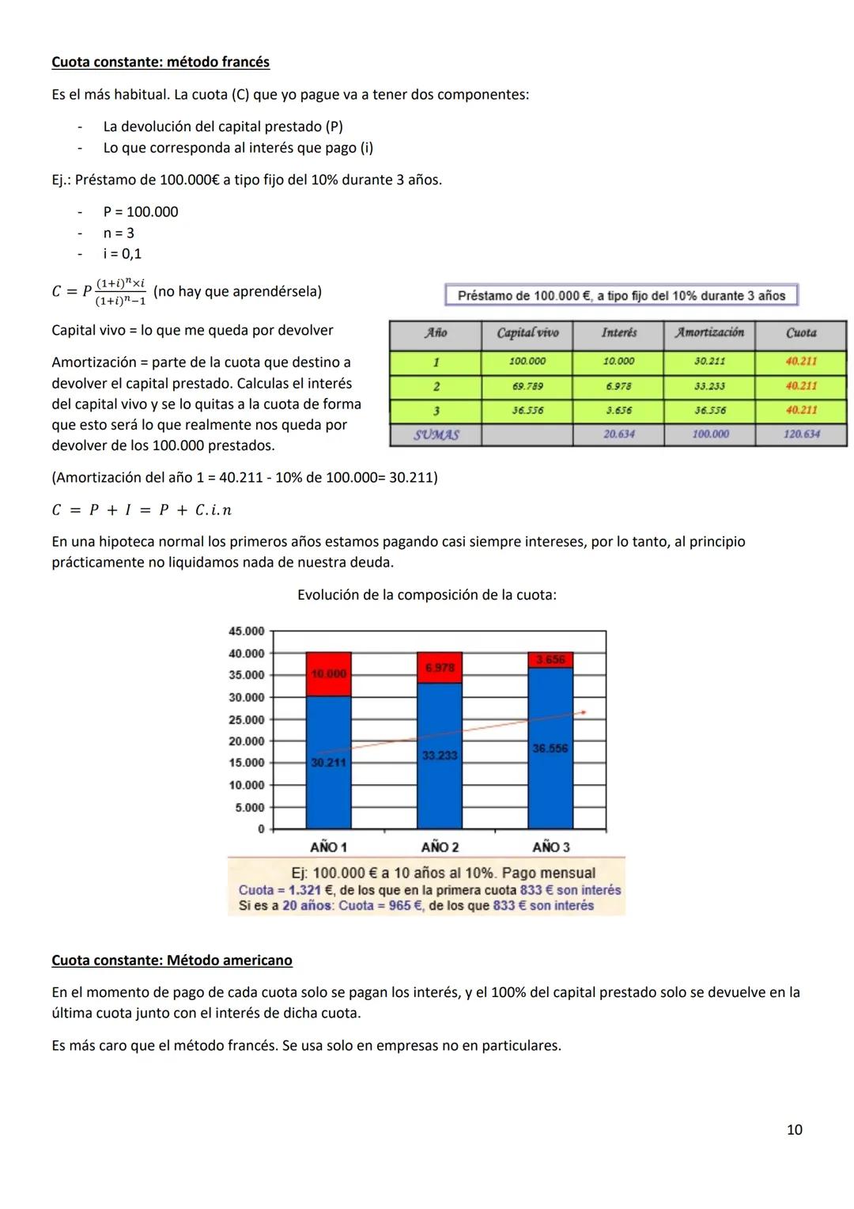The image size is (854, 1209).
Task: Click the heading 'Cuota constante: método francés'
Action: tap(161, 62)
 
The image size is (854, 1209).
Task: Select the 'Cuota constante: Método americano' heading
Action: tap(172, 960)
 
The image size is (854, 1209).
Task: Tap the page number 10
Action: tap(794, 1129)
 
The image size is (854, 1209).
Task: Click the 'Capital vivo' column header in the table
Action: tap(527, 333)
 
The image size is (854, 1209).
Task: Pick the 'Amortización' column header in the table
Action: tap(709, 333)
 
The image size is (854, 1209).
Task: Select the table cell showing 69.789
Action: tap(527, 386)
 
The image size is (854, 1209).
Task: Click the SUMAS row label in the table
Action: tap(436, 434)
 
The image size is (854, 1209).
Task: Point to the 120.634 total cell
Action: tap(801, 434)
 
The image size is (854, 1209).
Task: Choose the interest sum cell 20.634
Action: tap(618, 434)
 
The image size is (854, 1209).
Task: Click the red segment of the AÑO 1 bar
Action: tap(329, 674)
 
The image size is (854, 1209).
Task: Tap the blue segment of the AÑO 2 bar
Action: tap(440, 756)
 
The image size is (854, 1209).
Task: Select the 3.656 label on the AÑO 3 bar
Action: tap(550, 660)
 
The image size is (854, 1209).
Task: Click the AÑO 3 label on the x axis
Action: tap(550, 847)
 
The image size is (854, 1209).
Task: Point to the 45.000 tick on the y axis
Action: tap(246, 631)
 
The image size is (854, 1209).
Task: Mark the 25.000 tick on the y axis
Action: tap(246, 719)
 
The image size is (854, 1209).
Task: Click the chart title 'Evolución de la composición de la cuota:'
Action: tap(426, 594)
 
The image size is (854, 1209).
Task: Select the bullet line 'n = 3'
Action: tap(119, 233)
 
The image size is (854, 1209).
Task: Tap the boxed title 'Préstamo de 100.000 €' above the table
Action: tap(622, 295)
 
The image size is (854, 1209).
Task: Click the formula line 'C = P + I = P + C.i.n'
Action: tap(142, 510)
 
